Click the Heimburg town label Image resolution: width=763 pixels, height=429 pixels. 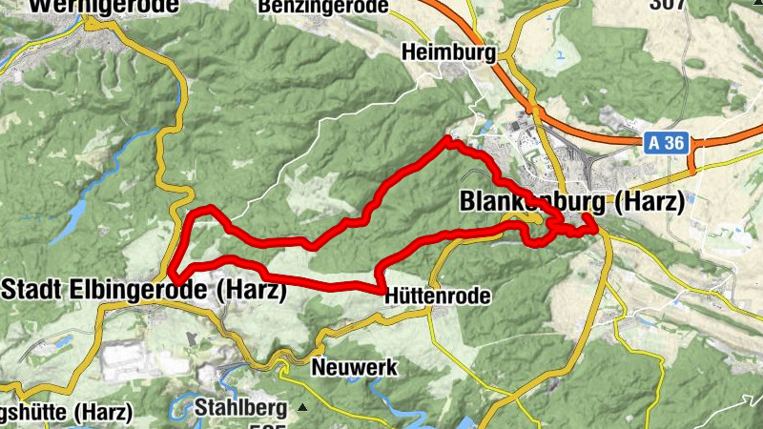[450, 52]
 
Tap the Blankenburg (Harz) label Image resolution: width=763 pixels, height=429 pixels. [571, 202]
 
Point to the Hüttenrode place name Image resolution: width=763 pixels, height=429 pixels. [437, 296]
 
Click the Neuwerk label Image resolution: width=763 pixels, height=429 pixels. [354, 367]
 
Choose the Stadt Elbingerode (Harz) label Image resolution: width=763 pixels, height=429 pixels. [144, 291]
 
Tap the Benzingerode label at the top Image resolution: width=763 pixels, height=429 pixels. [323, 7]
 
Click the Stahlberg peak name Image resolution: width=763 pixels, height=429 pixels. [240, 408]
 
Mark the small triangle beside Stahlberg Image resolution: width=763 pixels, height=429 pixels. [302, 408]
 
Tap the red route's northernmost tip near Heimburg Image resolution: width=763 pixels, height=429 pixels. [447, 140]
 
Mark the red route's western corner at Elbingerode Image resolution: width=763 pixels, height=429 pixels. [173, 276]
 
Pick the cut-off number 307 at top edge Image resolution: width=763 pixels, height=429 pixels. [668, 4]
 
